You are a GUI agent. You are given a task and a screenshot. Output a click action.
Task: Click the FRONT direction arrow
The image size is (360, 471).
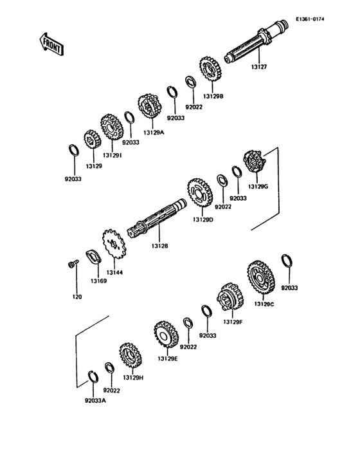[51, 44]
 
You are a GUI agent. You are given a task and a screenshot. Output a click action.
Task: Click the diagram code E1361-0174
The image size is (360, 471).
[310, 19]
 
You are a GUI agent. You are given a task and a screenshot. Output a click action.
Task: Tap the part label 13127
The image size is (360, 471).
[259, 67]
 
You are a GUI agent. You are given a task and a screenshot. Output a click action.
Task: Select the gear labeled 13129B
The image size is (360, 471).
[210, 69]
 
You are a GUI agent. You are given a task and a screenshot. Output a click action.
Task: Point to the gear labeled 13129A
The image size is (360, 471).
[150, 106]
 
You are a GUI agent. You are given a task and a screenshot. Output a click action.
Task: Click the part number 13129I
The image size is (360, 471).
[113, 155]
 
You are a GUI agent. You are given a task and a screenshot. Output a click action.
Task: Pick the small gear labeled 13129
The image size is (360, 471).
[92, 140]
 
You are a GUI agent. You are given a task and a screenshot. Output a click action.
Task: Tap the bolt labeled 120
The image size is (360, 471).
[73, 264]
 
